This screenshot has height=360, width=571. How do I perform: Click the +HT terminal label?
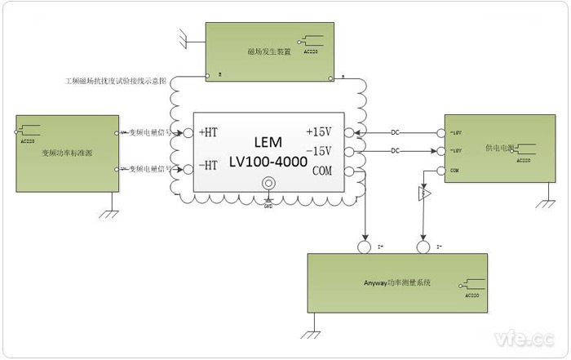click(x=208, y=131)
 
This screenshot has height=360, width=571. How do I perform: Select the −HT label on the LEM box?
click(x=208, y=164)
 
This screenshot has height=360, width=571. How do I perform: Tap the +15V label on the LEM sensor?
click(x=319, y=131)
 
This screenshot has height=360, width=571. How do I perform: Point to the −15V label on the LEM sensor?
click(x=319, y=151)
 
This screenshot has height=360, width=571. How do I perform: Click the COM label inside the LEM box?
click(x=321, y=171)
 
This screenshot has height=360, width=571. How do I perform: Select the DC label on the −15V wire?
click(x=395, y=151)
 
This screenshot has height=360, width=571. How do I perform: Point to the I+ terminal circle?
click(x=365, y=247)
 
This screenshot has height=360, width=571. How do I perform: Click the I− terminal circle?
click(x=423, y=247)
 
